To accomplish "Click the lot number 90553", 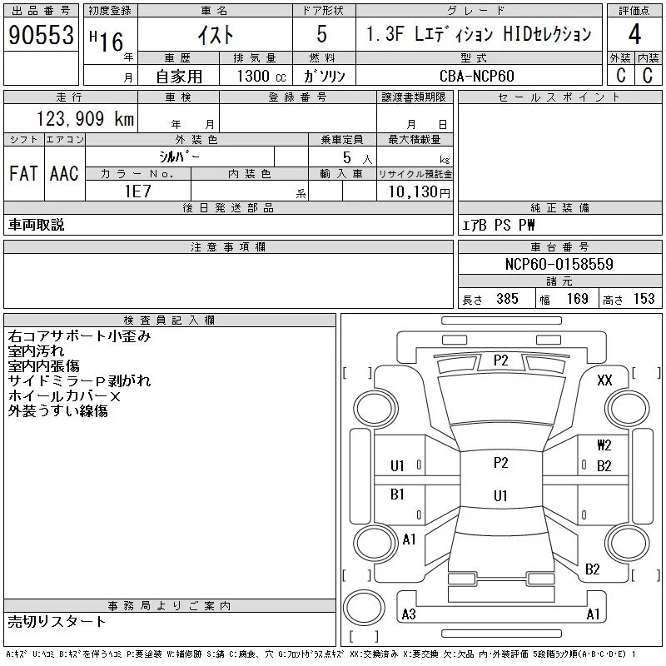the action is pos(41,35).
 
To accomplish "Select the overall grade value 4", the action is pos(634,34).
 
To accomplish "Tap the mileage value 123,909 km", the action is pos(85,118).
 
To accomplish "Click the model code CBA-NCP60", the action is pos(476,76).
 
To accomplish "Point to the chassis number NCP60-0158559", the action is pos(559,264).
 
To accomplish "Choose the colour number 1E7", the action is pos(137,191).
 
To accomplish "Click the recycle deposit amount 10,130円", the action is pos(419,191).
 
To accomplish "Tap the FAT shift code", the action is pos(23,173).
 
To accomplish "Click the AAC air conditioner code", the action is pos(64,173).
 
